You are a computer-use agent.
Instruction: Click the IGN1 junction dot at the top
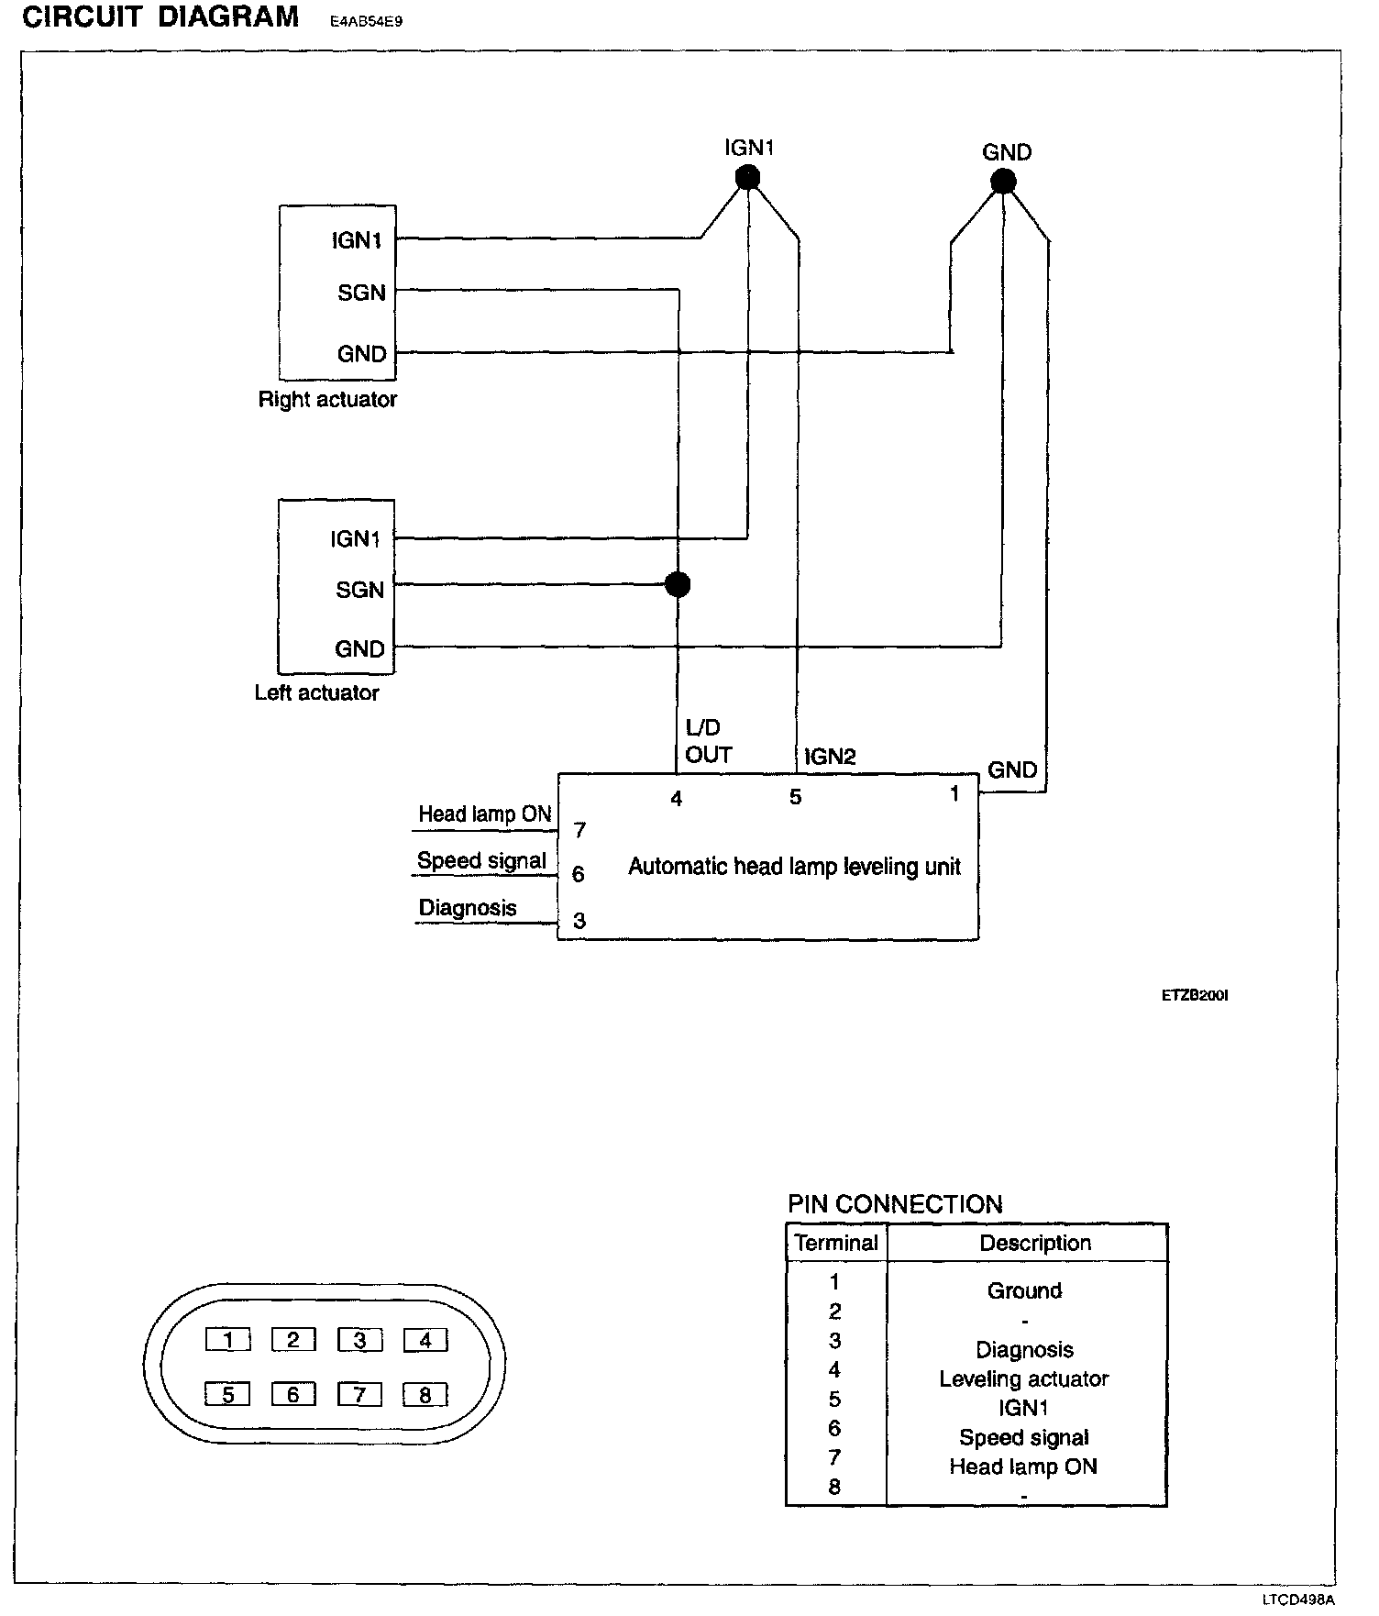748,177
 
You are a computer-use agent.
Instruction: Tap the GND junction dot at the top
1003,182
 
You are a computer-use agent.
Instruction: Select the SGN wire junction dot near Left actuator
677,584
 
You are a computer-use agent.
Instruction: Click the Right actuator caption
327,400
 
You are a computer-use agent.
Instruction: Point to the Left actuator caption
316,692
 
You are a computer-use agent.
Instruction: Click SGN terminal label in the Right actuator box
361,293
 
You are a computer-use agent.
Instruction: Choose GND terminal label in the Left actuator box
359,649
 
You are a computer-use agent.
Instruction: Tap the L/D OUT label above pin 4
708,741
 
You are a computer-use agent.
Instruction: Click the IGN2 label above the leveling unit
829,757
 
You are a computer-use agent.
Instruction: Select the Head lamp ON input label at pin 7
485,814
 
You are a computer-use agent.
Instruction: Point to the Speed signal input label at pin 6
481,861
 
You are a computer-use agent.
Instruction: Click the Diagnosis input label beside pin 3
468,908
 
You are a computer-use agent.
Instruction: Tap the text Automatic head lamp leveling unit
794,867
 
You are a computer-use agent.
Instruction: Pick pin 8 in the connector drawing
425,1395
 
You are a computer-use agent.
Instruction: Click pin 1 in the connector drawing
228,1341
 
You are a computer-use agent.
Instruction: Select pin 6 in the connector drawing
293,1395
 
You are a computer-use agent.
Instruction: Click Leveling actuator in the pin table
1023,1378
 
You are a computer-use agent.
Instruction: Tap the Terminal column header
835,1243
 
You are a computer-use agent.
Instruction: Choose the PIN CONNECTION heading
895,1204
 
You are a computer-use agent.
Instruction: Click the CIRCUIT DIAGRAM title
160,17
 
